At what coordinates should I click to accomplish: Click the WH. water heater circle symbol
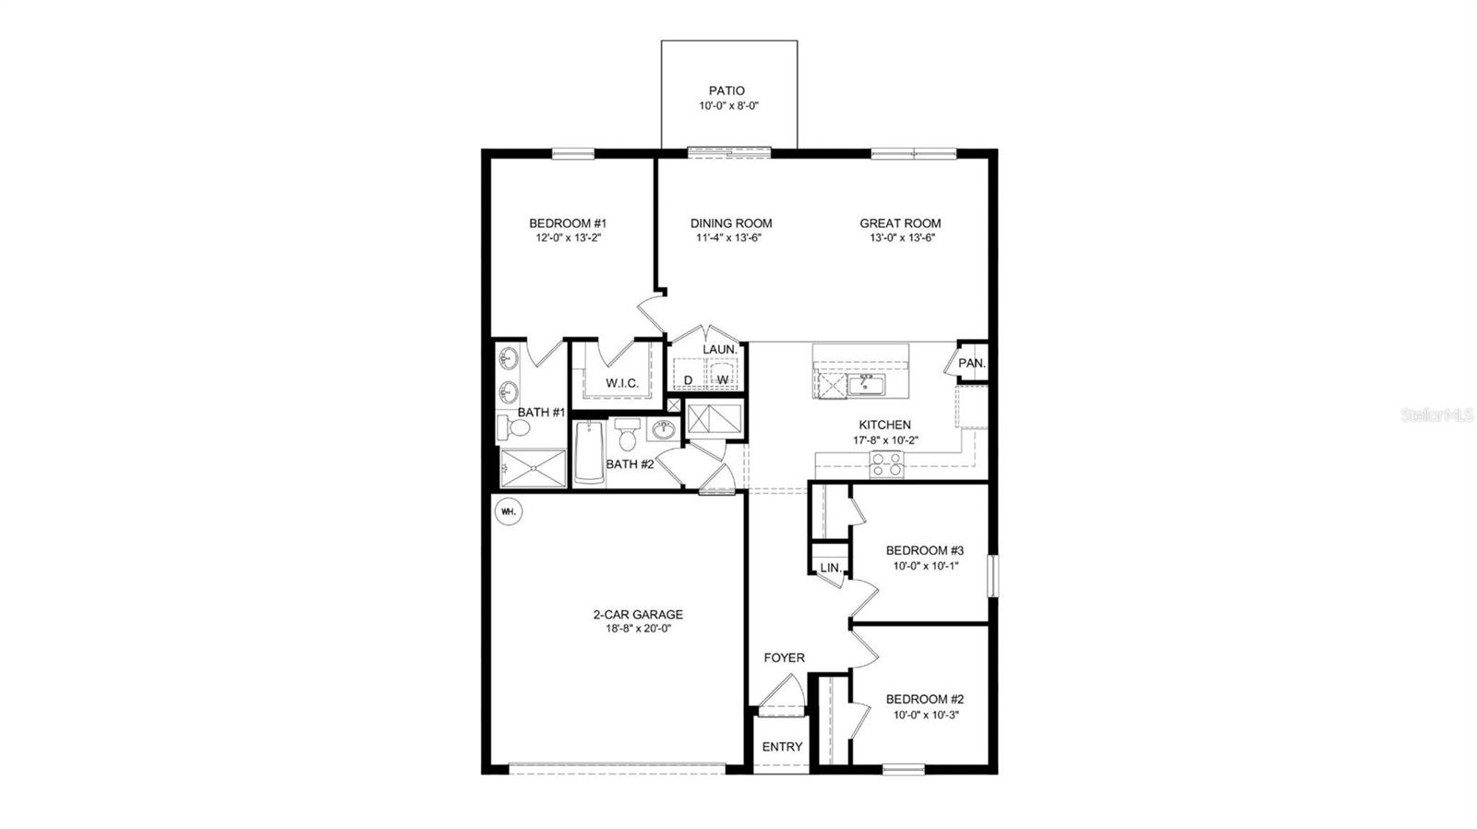pyautogui.click(x=508, y=511)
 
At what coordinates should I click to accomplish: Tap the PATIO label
pyautogui.click(x=726, y=90)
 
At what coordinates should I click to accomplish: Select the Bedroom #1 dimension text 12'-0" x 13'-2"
pyautogui.click(x=567, y=238)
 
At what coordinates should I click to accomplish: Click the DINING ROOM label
pyautogui.click(x=731, y=223)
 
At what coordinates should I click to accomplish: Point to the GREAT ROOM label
pyautogui.click(x=900, y=223)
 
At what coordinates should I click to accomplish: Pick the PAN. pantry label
pyautogui.click(x=971, y=364)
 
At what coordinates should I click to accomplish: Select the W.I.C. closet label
pyautogui.click(x=622, y=383)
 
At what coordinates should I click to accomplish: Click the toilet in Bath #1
pyautogui.click(x=514, y=427)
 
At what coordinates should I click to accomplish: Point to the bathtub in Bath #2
pyautogui.click(x=588, y=452)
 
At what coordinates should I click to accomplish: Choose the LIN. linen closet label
pyautogui.click(x=831, y=569)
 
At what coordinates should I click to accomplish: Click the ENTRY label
pyautogui.click(x=782, y=747)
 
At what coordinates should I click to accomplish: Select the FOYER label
pyautogui.click(x=784, y=658)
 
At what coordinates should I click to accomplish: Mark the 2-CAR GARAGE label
pyautogui.click(x=638, y=615)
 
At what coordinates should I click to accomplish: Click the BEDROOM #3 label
pyautogui.click(x=925, y=550)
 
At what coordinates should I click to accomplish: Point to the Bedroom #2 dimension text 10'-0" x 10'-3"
pyautogui.click(x=925, y=715)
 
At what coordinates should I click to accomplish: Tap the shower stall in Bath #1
pyautogui.click(x=533, y=468)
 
